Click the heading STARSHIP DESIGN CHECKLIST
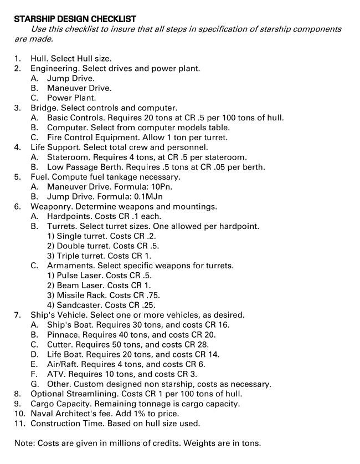[x=75, y=19]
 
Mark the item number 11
[x=19, y=424]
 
